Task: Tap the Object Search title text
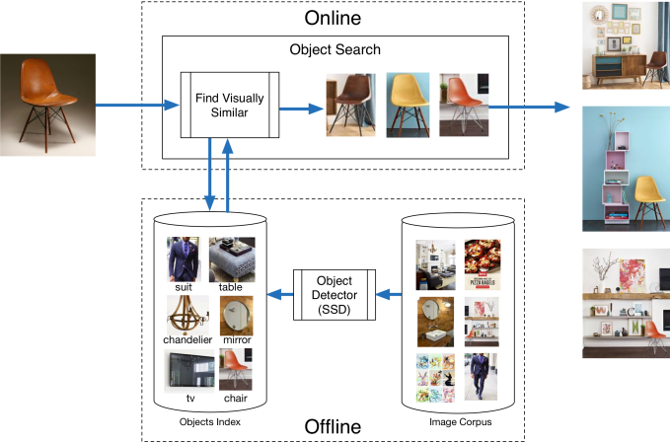pyautogui.click(x=335, y=50)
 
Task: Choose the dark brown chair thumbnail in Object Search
pyautogui.click(x=351, y=103)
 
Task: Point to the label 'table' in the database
pyautogui.click(x=232, y=287)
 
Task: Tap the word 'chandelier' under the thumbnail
pyautogui.click(x=187, y=340)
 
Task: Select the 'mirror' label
pyautogui.click(x=237, y=340)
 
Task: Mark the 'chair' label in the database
pyautogui.click(x=236, y=398)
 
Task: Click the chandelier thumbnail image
pyautogui.click(x=186, y=314)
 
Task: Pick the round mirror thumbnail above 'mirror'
pyautogui.click(x=237, y=315)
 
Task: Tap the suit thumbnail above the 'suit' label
pyautogui.click(x=185, y=258)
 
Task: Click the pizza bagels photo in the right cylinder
pyautogui.click(x=483, y=262)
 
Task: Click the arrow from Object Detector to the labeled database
pyautogui.click(x=282, y=293)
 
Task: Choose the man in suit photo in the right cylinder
pyautogui.click(x=483, y=376)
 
